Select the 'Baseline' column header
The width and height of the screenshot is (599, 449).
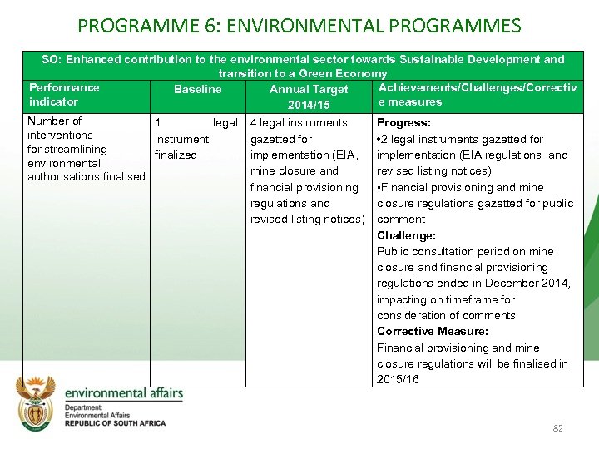click(197, 89)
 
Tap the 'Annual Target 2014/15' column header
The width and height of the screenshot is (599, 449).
click(309, 97)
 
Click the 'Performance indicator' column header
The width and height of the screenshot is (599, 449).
click(64, 95)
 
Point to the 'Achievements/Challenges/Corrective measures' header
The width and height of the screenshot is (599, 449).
click(478, 95)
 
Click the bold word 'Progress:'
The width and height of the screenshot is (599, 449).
click(403, 122)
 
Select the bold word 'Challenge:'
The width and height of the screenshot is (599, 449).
click(406, 235)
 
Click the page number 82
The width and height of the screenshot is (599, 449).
click(557, 428)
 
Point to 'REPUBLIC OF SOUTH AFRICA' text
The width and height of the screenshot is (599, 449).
click(115, 423)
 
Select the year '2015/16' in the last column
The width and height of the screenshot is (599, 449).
click(398, 379)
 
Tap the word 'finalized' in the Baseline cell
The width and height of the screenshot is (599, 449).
click(176, 155)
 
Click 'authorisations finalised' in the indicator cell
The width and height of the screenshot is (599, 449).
click(86, 177)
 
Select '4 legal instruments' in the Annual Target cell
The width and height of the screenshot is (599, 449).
click(299, 122)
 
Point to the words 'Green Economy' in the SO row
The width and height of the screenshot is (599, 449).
click(347, 73)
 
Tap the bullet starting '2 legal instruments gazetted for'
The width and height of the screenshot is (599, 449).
click(460, 139)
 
